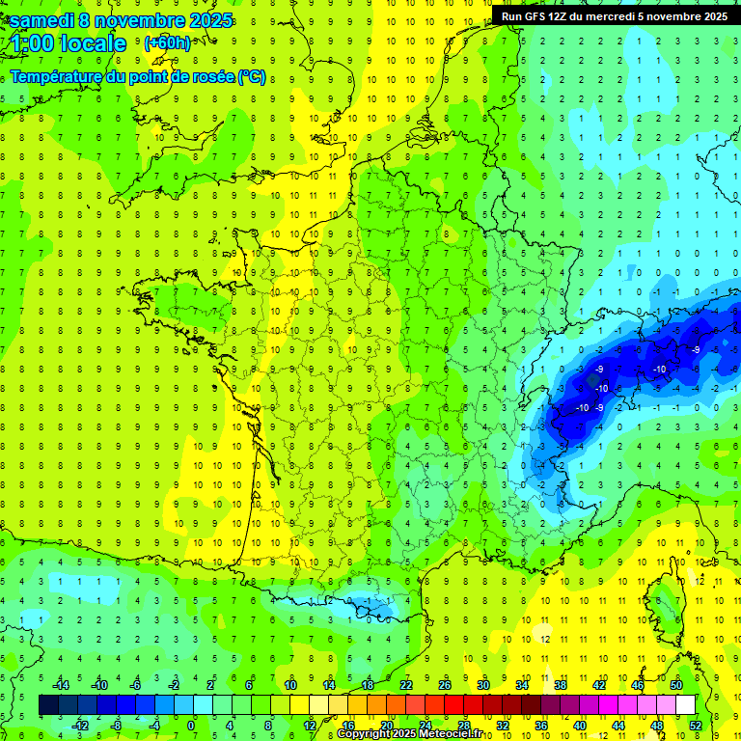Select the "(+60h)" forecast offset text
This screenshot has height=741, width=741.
point(167,43)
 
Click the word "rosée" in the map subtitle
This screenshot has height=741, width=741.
point(206,77)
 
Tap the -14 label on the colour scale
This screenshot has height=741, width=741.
point(64,684)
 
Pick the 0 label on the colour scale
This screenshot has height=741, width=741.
point(190,725)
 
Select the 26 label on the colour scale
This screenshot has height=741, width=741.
point(445,684)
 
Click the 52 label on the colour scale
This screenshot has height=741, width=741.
point(695,725)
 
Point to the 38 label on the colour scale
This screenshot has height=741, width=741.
point(561,684)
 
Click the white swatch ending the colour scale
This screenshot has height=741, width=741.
point(685,704)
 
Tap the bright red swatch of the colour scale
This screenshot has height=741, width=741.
point(453,704)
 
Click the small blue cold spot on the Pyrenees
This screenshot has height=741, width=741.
point(371,605)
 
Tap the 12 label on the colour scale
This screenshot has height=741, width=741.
point(309,725)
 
